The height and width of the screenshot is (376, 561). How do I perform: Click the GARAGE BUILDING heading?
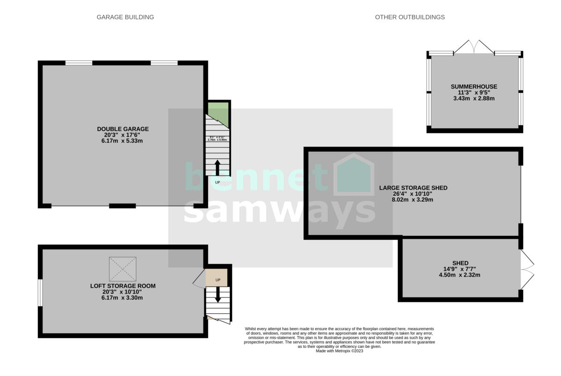pos(125,17)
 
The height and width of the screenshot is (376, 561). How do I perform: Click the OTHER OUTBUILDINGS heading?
pos(410,17)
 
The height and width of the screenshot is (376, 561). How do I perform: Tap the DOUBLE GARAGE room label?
pos(122,129)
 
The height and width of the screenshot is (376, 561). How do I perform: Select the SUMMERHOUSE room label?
pos(474,87)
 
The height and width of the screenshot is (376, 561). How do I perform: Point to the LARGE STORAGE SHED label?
pos(413,188)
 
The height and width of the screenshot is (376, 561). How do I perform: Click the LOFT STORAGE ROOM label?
pos(122,286)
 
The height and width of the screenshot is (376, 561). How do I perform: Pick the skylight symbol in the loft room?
pos(122,269)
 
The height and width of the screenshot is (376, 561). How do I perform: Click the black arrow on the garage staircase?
pos(217,167)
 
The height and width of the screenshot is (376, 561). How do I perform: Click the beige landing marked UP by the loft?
pos(216,278)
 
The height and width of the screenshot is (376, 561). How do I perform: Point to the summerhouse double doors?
pos(474,46)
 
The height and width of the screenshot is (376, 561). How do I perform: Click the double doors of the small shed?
pos(527,270)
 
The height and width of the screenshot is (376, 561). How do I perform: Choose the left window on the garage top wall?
pos(79,63)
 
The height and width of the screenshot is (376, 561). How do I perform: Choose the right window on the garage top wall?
pos(164,63)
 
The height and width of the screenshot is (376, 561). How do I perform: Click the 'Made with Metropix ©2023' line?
pos(339,351)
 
